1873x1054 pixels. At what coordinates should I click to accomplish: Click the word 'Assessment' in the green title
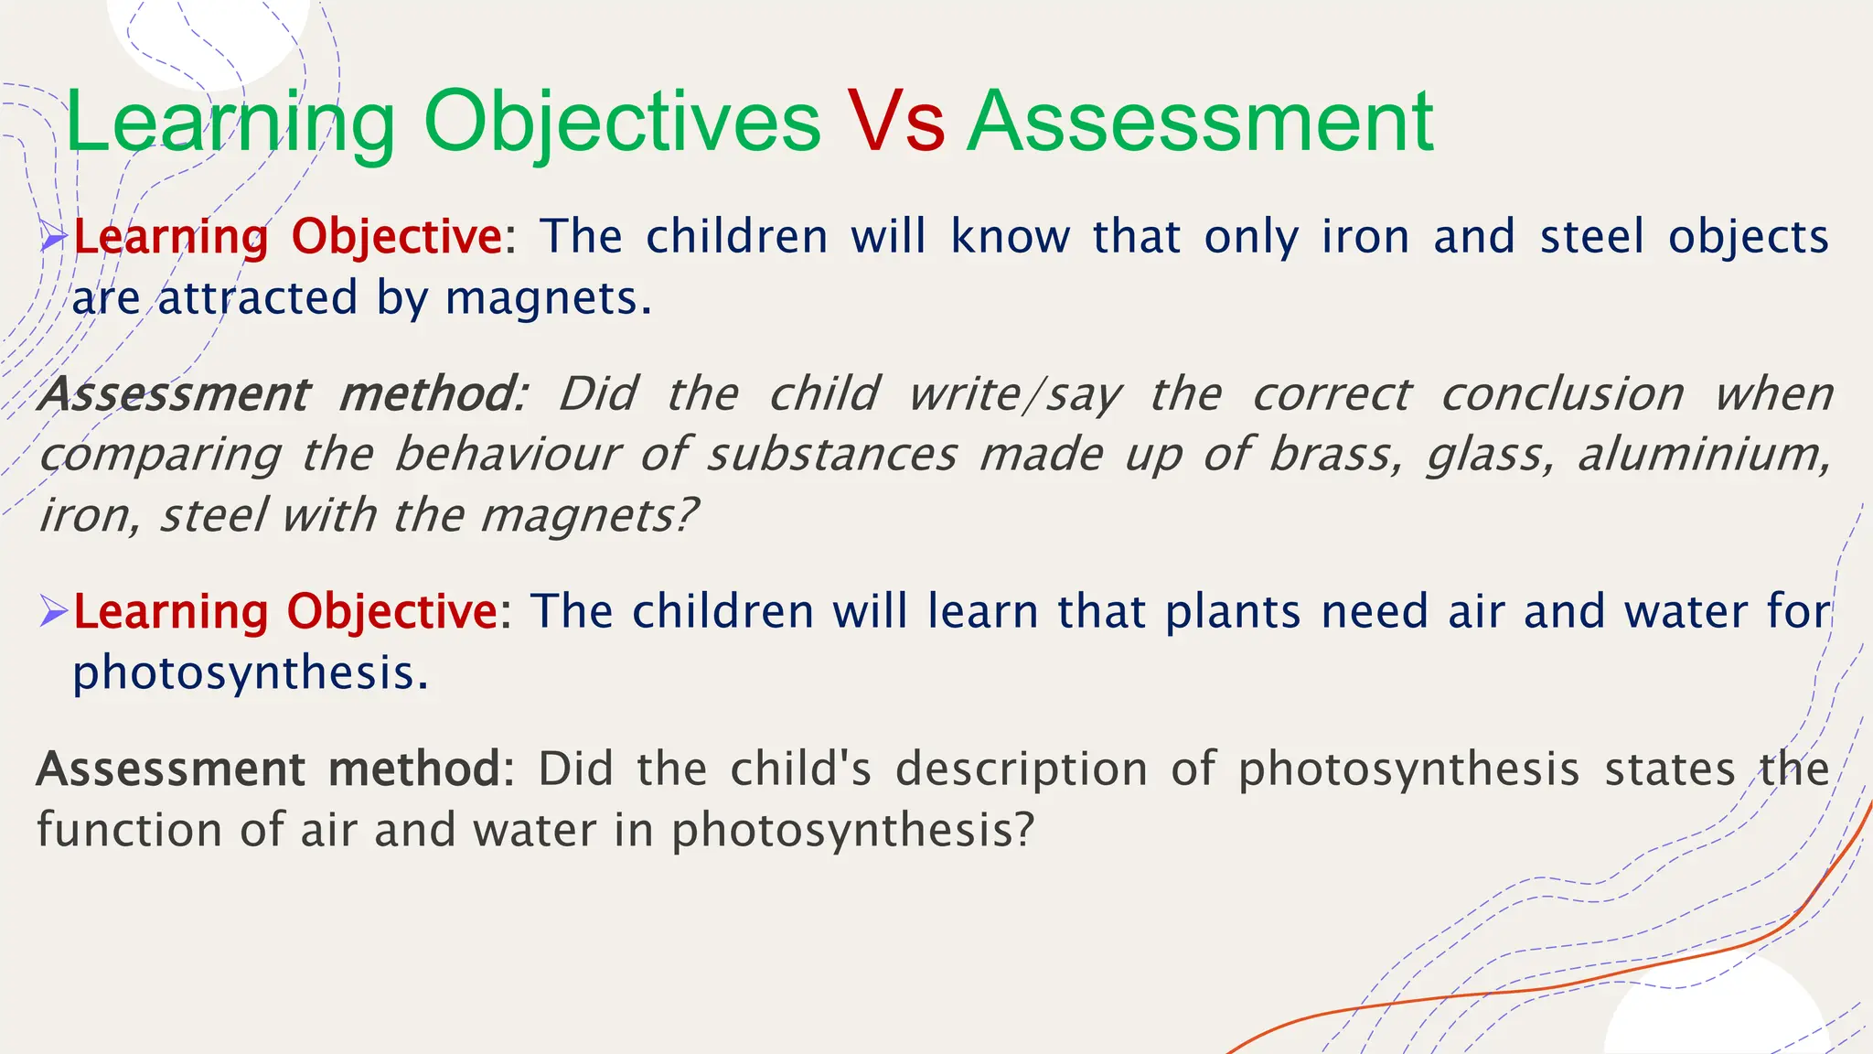click(x=1200, y=124)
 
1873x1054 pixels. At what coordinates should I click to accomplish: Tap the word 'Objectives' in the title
click(x=622, y=124)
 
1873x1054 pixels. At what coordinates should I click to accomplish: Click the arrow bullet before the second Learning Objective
click(x=55, y=611)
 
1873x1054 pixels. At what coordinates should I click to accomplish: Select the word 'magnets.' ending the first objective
click(x=549, y=298)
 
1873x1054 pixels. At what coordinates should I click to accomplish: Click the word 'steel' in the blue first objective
click(x=1591, y=238)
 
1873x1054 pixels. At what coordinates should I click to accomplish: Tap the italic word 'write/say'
click(x=1014, y=395)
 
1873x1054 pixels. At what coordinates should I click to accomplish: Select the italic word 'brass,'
click(x=1335, y=455)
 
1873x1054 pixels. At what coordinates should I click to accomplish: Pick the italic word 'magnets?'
click(x=590, y=516)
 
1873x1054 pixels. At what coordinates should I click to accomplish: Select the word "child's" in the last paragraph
click(x=801, y=769)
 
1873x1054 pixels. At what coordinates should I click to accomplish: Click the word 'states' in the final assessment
click(x=1670, y=769)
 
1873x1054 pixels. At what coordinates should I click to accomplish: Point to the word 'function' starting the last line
click(x=129, y=831)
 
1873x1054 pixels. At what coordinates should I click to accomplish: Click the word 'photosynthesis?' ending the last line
click(x=852, y=831)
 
